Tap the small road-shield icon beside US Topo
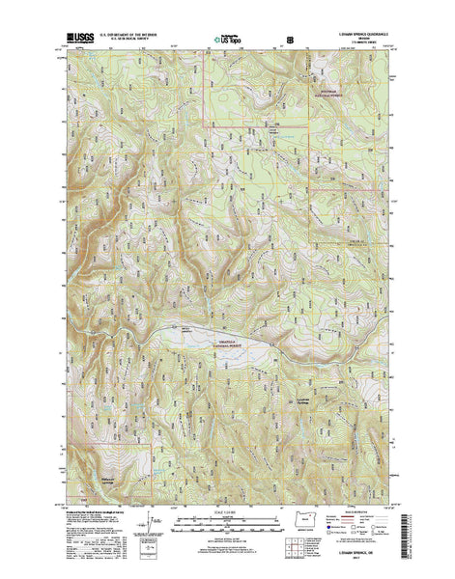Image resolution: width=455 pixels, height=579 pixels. pos(289,41)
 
